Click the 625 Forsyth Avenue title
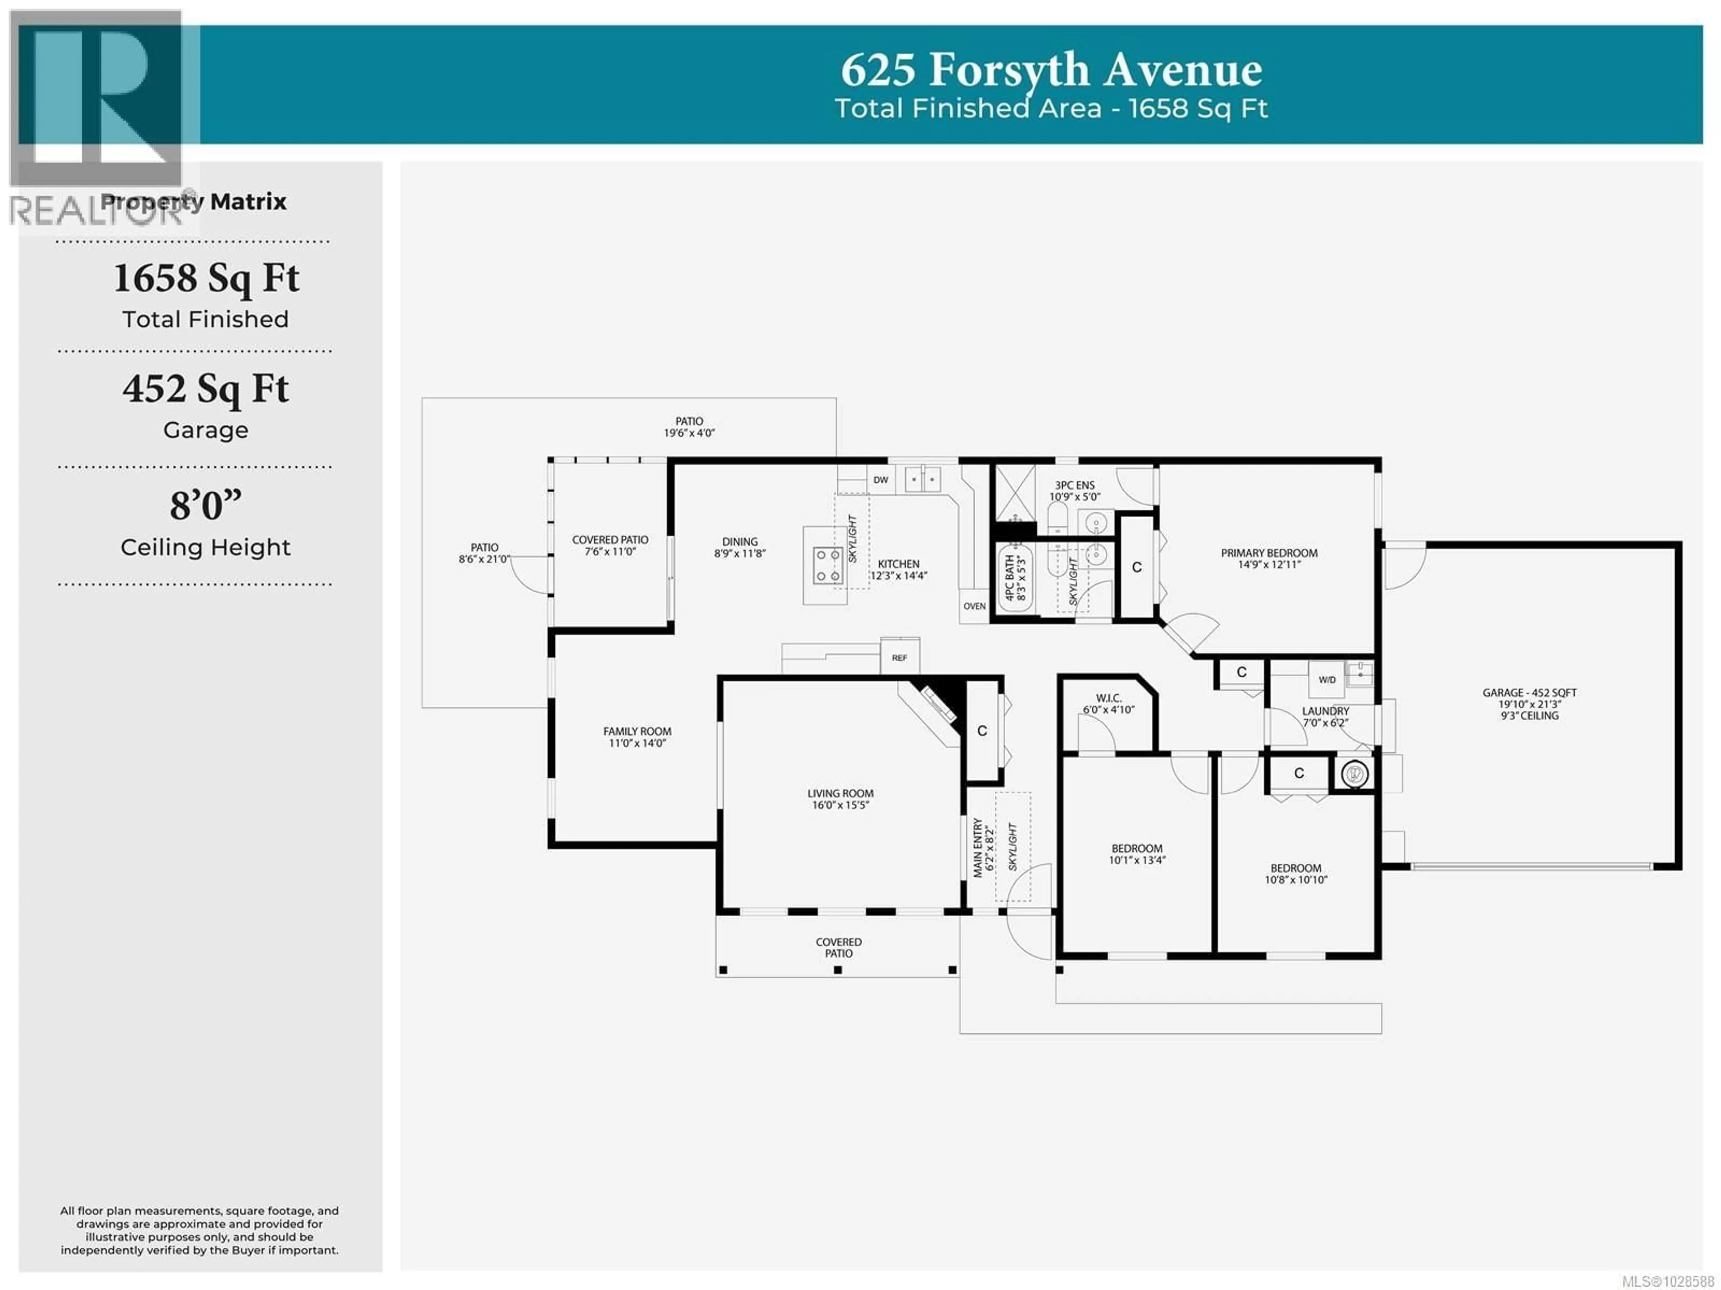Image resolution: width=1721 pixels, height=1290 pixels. coord(1051,70)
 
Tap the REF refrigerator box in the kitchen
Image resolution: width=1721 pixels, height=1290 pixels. coord(899,658)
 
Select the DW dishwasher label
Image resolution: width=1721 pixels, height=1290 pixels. coord(881,480)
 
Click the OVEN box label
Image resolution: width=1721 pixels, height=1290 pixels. coord(974,606)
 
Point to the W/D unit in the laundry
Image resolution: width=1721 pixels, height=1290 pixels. coord(1327,679)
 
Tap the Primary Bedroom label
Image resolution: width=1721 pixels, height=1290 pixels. coord(1269,558)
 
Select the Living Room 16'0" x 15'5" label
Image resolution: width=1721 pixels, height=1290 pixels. coord(840,799)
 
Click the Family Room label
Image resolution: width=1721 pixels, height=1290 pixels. coord(637,737)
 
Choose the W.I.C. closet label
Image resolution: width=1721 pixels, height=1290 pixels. coord(1109,703)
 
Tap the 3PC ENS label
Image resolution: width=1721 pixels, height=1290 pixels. coord(1074,490)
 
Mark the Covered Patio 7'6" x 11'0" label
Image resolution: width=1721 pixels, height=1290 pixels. coord(610,545)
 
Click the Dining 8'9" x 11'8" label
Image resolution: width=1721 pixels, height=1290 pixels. coord(740,547)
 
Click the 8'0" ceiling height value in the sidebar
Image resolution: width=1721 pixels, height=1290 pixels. coord(205,506)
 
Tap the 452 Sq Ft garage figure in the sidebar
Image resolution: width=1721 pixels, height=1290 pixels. coord(205,389)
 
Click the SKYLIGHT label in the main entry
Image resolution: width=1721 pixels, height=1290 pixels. coord(1012,847)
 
